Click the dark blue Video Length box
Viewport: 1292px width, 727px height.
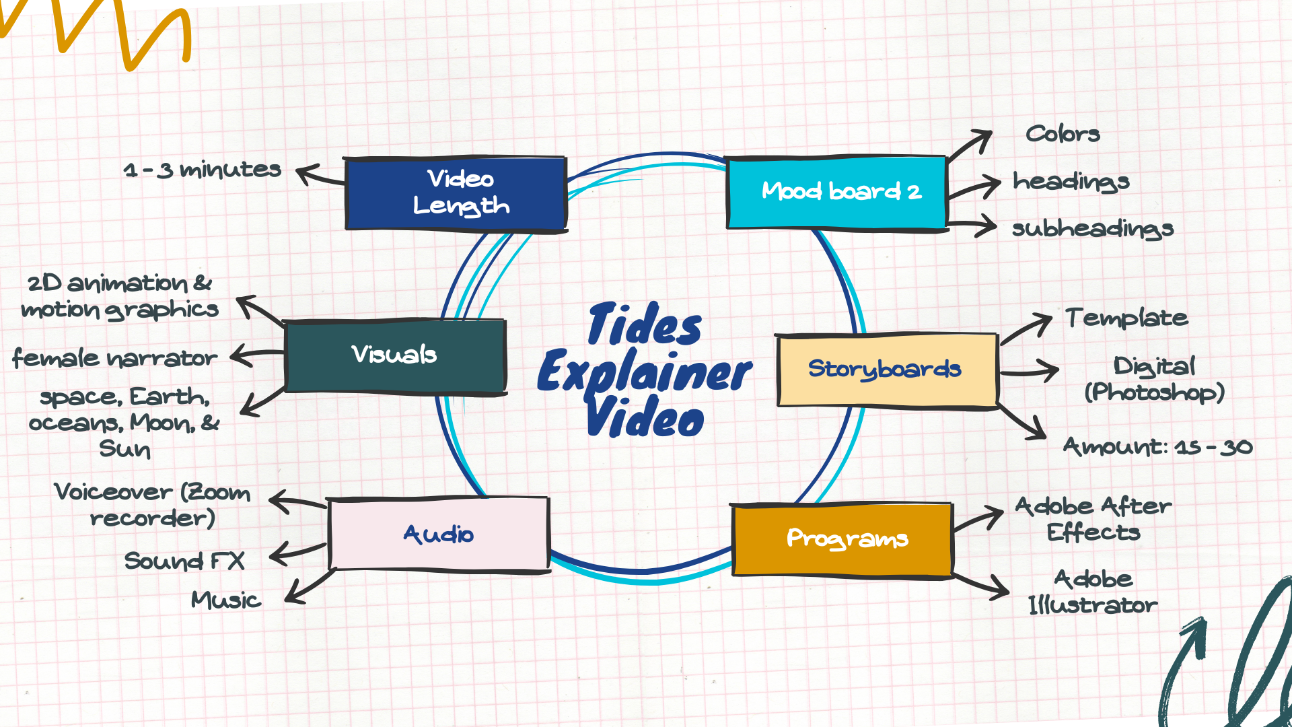(x=456, y=194)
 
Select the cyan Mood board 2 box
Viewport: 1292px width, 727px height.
(x=837, y=193)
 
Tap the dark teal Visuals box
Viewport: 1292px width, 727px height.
(x=395, y=355)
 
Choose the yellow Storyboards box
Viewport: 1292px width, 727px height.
(x=886, y=370)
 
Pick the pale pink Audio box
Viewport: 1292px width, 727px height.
(x=439, y=534)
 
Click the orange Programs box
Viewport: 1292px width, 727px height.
(x=842, y=539)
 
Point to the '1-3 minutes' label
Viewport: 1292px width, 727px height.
(x=202, y=170)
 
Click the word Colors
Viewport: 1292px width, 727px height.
(x=1063, y=134)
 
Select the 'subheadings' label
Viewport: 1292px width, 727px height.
(x=1093, y=229)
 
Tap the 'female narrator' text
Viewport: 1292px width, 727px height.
(x=115, y=358)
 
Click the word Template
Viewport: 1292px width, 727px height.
(x=1126, y=318)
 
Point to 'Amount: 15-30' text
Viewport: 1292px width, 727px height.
(x=1157, y=447)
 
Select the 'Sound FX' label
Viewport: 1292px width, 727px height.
(x=184, y=561)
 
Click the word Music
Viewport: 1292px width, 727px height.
(x=225, y=600)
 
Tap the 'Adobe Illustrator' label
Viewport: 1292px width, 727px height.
(x=1093, y=592)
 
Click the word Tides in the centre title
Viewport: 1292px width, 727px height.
(x=645, y=326)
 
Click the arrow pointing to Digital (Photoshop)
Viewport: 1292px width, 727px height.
(x=1030, y=371)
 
